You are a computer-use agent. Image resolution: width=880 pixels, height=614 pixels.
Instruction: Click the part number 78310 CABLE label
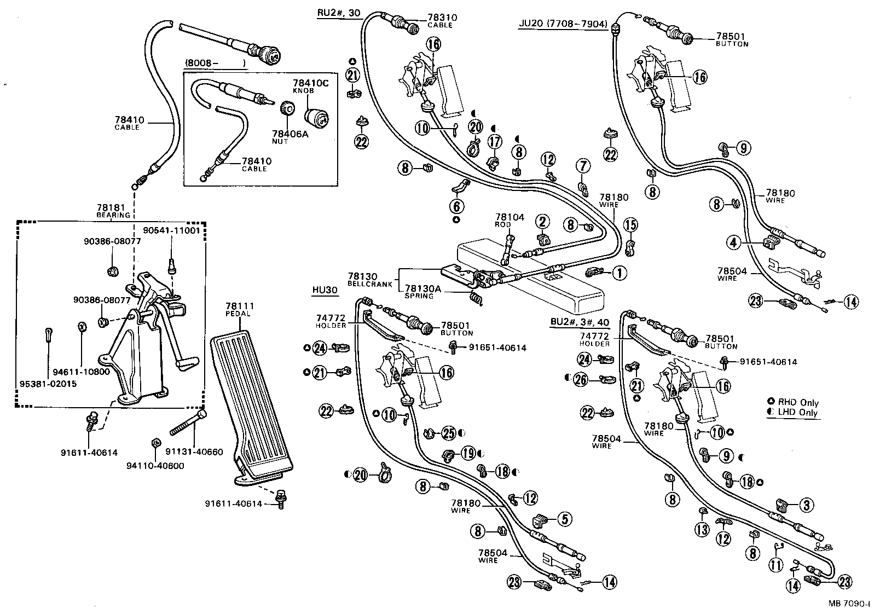443,21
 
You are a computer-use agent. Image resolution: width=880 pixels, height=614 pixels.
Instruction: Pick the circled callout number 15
630,224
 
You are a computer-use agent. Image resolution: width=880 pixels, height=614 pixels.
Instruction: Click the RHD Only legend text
799,403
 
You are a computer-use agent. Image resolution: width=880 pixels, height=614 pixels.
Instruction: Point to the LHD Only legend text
799,413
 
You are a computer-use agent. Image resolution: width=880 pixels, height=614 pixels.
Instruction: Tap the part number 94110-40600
155,466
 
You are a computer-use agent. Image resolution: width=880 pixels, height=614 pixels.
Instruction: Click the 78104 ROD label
510,220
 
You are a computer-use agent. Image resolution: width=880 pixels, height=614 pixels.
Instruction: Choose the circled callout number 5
564,518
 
